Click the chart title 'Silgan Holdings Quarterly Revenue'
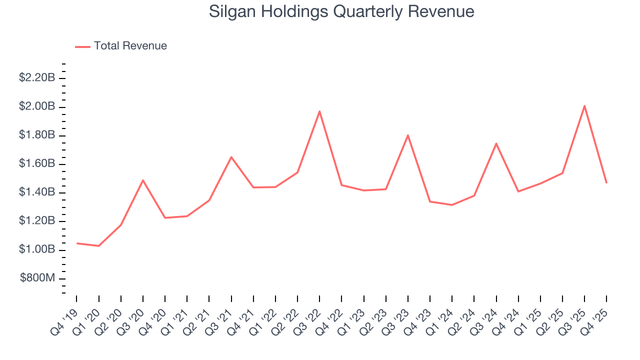pos(341,11)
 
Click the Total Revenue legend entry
pos(121,46)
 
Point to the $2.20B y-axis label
pos(36,78)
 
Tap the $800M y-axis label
pos(37,278)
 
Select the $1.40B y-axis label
pos(36,192)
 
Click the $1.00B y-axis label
pos(36,249)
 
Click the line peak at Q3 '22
pos(319,111)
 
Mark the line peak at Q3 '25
pos(584,105)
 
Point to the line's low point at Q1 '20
pos(98,246)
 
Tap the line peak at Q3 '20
pos(143,180)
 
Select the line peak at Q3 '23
pos(408,135)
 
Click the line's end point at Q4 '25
pos(606,182)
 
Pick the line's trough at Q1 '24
pos(452,205)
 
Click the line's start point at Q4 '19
pos(76,243)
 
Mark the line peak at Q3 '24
pos(496,143)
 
